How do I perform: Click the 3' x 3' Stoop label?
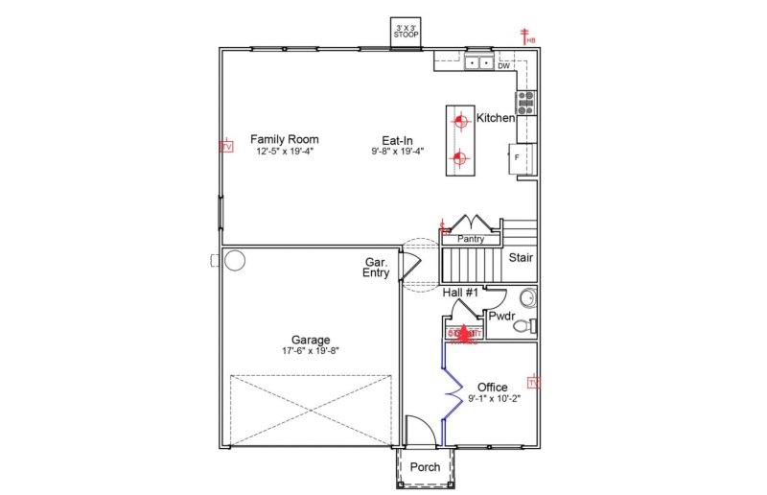tap(404, 32)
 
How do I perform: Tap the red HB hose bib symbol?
tap(525, 36)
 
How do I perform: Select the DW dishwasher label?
tap(503, 66)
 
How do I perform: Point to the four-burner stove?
tap(526, 102)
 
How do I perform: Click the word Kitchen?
tap(496, 118)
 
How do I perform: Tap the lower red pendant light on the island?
tap(459, 157)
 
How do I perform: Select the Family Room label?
tap(284, 139)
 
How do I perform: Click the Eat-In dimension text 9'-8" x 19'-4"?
tap(397, 152)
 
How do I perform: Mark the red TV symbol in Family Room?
tap(227, 147)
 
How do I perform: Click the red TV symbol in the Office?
tap(533, 383)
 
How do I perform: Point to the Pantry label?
tap(471, 239)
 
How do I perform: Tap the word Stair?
tap(521, 258)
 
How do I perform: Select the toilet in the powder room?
tap(523, 326)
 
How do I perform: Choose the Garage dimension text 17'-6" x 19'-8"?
tap(311, 351)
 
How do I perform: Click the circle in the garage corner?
tap(235, 260)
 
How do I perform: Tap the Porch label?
tap(425, 467)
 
